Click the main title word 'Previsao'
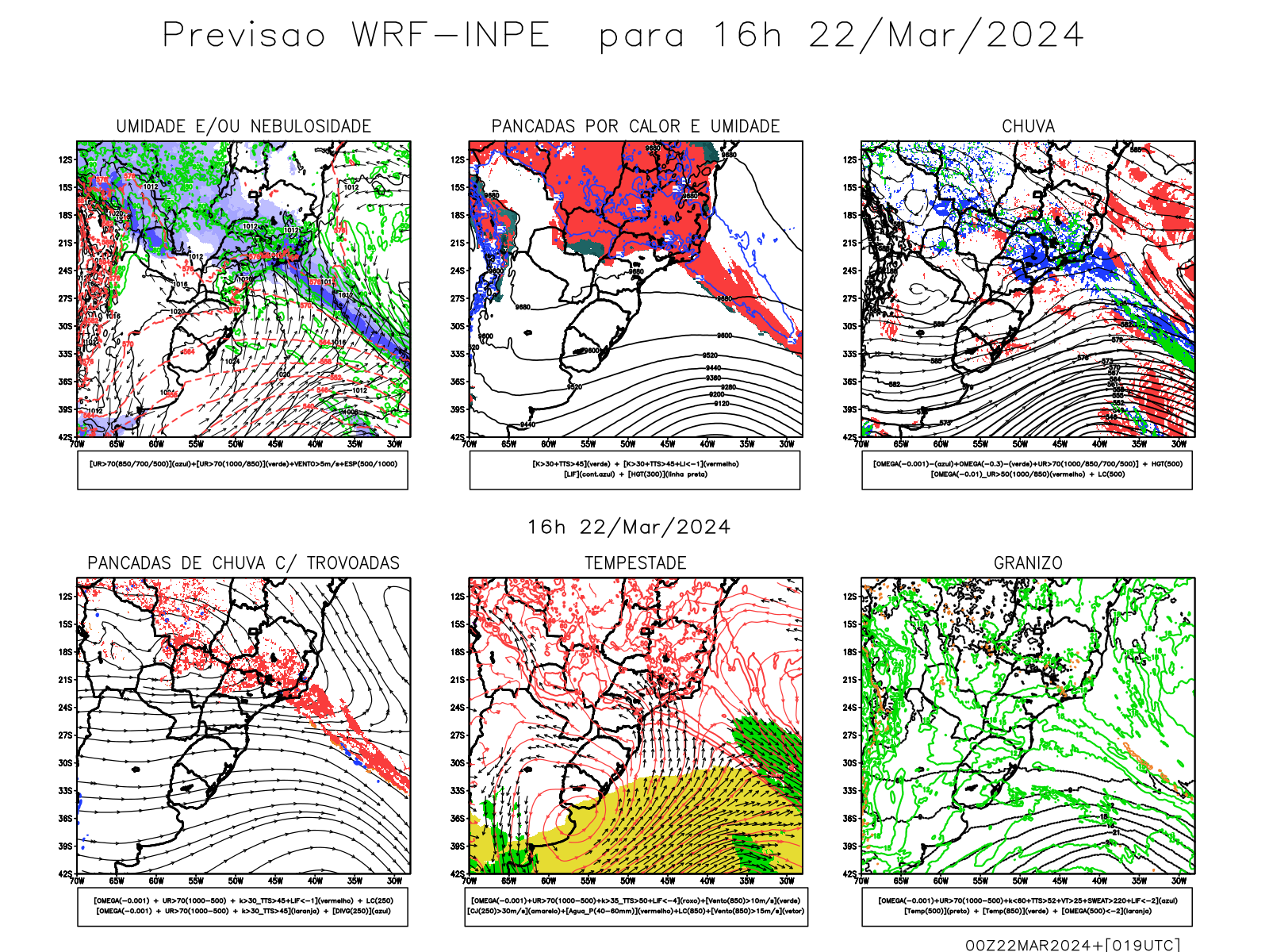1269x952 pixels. (x=244, y=36)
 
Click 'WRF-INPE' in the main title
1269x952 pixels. (x=450, y=36)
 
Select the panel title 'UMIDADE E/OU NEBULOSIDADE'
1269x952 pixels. (x=243, y=126)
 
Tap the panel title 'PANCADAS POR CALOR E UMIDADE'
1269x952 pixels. (x=635, y=126)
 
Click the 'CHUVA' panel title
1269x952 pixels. (x=1028, y=126)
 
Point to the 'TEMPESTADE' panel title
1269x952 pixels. (x=635, y=563)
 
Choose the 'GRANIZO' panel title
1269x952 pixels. (x=1028, y=563)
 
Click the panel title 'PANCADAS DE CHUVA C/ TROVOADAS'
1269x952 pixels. (x=243, y=563)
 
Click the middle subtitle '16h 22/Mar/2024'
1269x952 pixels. (x=629, y=528)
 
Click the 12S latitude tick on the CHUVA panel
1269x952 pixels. (x=850, y=159)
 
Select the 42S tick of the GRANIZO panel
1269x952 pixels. (x=850, y=873)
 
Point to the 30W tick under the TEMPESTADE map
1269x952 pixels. (x=786, y=881)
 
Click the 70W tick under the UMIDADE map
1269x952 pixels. (x=77, y=444)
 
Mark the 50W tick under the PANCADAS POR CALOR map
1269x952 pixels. (x=627, y=444)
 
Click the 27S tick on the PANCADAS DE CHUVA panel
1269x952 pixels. (x=65, y=735)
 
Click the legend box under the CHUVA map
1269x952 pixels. (x=1027, y=470)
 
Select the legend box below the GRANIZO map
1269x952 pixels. (x=1027, y=906)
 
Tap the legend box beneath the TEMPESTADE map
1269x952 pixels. (x=635, y=906)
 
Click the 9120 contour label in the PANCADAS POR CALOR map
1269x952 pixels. (x=722, y=404)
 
